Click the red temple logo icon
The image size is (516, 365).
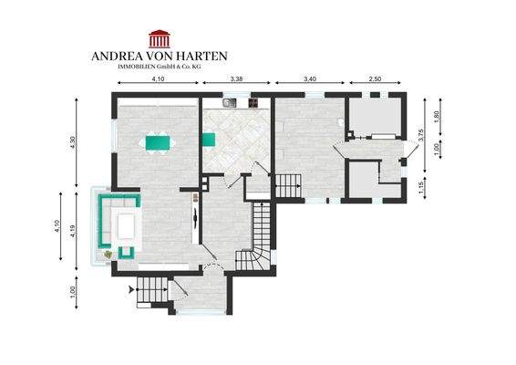click(x=160, y=38)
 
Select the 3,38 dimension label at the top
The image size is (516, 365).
click(x=236, y=80)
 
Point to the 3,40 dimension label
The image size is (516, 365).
click(x=309, y=80)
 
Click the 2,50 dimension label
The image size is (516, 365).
click(x=376, y=80)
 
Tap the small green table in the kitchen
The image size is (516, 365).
click(x=208, y=139)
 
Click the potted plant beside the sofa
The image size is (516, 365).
click(x=108, y=253)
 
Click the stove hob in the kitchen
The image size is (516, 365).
click(x=248, y=104)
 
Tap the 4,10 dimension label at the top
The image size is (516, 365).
click(x=157, y=80)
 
